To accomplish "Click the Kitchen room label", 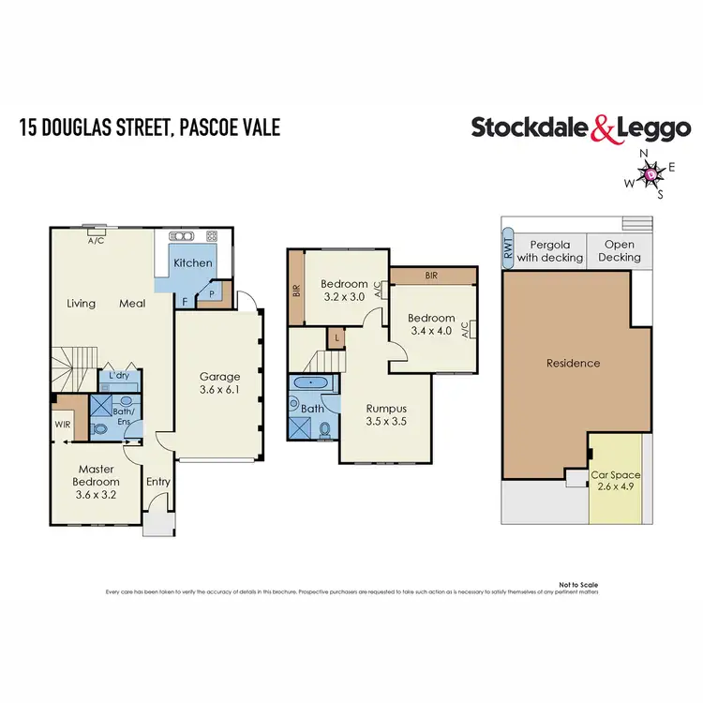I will pyautogui.click(x=193, y=263).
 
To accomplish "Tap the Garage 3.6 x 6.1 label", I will pyautogui.click(x=220, y=381).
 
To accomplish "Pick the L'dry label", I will pyautogui.click(x=119, y=376).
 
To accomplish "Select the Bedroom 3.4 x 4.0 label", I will pyautogui.click(x=432, y=324).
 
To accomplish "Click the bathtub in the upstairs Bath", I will pyautogui.click(x=308, y=383).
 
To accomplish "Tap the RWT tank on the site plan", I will pyautogui.click(x=507, y=248).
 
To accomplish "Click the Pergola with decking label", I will pyautogui.click(x=549, y=250).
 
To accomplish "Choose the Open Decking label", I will pyautogui.click(x=620, y=250).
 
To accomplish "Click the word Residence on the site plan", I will pyautogui.click(x=573, y=363).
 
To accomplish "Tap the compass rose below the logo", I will pyautogui.click(x=650, y=172).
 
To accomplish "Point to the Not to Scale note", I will pyautogui.click(x=577, y=583).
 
